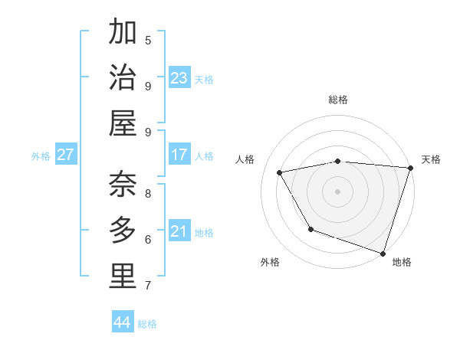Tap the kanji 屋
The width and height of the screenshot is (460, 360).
[x=123, y=123]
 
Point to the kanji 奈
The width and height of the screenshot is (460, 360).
[x=123, y=185]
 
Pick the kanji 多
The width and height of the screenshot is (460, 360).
[x=123, y=231]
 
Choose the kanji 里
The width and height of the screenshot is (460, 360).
[x=123, y=277]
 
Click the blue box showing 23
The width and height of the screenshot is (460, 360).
[x=179, y=77]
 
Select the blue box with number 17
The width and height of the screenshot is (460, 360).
[x=179, y=155]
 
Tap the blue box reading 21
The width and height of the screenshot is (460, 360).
[x=179, y=231]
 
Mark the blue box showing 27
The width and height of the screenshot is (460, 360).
[x=66, y=155]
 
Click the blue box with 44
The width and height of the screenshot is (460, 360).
[x=123, y=322]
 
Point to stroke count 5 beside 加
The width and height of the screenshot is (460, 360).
[x=148, y=40]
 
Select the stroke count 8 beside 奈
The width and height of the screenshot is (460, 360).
[x=148, y=194]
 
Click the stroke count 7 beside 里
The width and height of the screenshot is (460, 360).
[x=148, y=286]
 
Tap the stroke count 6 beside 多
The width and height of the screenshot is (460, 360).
[x=148, y=239]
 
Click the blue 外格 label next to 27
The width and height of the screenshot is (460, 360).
[x=41, y=156]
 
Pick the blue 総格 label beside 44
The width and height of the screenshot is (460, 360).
[x=147, y=324]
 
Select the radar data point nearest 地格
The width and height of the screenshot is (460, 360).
[x=383, y=252]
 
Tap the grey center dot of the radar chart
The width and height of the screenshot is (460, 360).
[x=337, y=191]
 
